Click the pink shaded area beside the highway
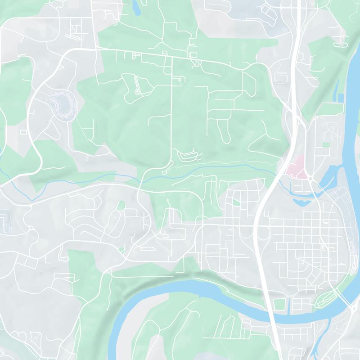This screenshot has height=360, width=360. click(295, 168)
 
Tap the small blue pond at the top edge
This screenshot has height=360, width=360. click(135, 6)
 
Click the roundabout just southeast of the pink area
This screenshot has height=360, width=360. click(310, 179)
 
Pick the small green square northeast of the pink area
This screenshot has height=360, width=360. click(326, 144)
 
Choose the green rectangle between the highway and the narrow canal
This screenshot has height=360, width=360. click(279, 304)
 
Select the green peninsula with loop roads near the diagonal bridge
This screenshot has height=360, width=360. click(328, 297)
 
